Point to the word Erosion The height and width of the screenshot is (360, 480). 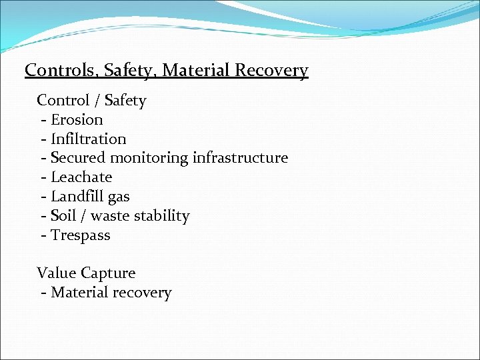77,120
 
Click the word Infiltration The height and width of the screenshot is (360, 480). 88,139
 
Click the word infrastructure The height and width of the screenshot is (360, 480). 240,158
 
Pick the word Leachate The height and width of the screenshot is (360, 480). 81,177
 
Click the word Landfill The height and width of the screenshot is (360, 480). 76,197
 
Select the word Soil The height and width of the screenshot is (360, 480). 63,216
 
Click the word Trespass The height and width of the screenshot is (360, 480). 81,235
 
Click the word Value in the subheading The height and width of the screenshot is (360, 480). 57,273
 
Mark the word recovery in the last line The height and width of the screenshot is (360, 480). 142,293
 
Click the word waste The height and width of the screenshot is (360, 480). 111,216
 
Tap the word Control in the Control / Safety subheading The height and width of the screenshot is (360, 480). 63,101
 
